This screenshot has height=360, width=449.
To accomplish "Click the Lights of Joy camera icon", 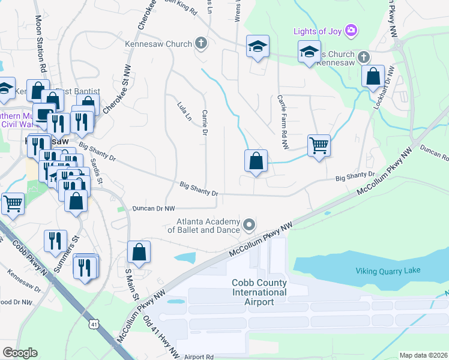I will click(x=352, y=31).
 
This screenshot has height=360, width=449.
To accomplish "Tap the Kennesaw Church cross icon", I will click(x=200, y=43).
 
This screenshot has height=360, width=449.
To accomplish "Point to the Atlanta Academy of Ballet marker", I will click(x=249, y=225).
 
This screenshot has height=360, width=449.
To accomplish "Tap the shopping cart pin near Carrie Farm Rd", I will click(x=319, y=145).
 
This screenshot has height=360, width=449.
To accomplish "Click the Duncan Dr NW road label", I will click(x=154, y=208).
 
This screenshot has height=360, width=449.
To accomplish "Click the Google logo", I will click(x=19, y=353).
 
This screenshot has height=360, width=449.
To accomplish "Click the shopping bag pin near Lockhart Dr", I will click(x=373, y=77).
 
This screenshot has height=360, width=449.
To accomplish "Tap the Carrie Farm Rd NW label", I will click(x=283, y=122).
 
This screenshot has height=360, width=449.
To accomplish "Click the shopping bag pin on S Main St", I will click(x=139, y=253).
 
